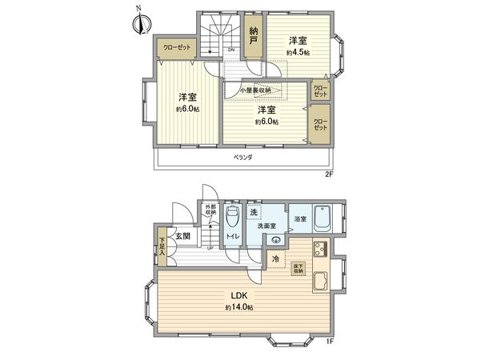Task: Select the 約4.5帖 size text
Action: (298, 53)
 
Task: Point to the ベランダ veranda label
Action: (243, 157)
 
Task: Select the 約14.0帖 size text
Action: (238, 307)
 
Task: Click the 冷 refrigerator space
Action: (275, 259)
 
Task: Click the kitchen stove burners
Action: (320, 249)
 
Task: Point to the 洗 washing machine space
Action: (253, 213)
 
